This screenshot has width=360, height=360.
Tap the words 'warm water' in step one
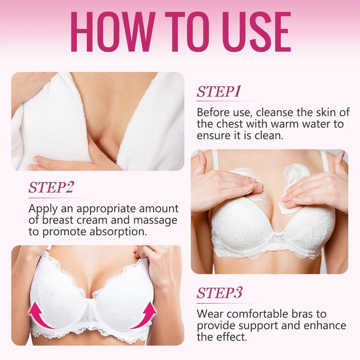point(289,124)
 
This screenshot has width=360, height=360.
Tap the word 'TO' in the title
point(181,32)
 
